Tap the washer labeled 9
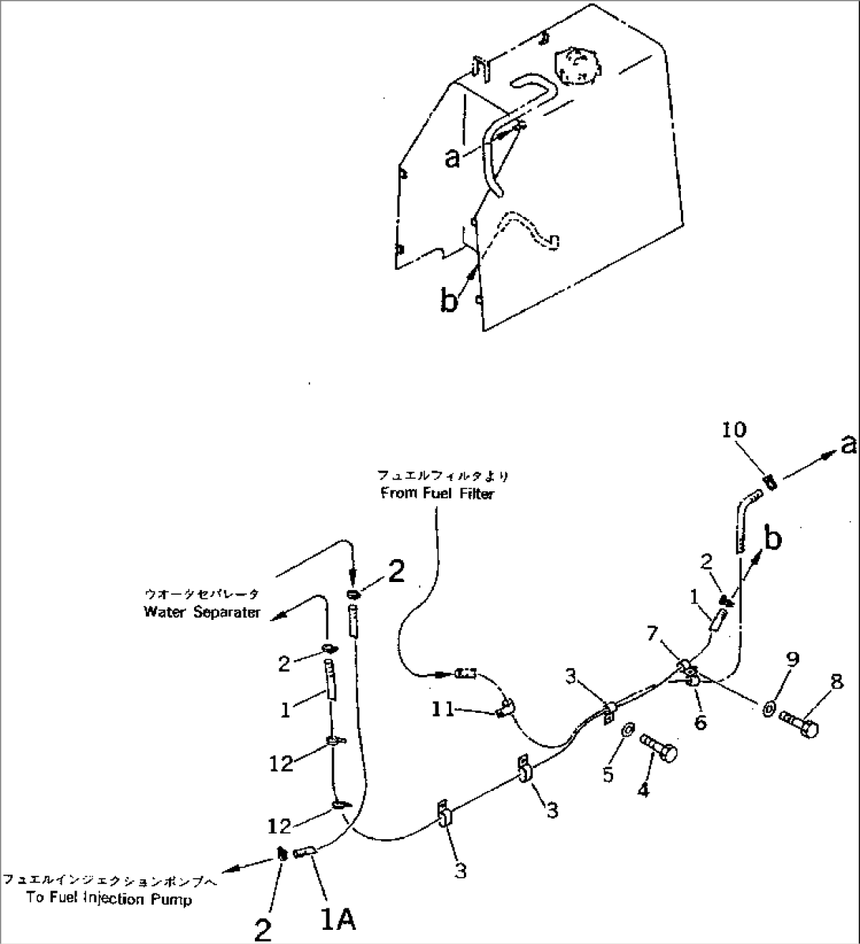click(768, 708)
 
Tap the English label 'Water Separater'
click(202, 612)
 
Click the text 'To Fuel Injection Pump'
click(108, 899)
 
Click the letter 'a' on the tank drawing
click(452, 159)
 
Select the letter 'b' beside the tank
click(448, 300)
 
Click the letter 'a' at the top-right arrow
click(847, 446)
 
